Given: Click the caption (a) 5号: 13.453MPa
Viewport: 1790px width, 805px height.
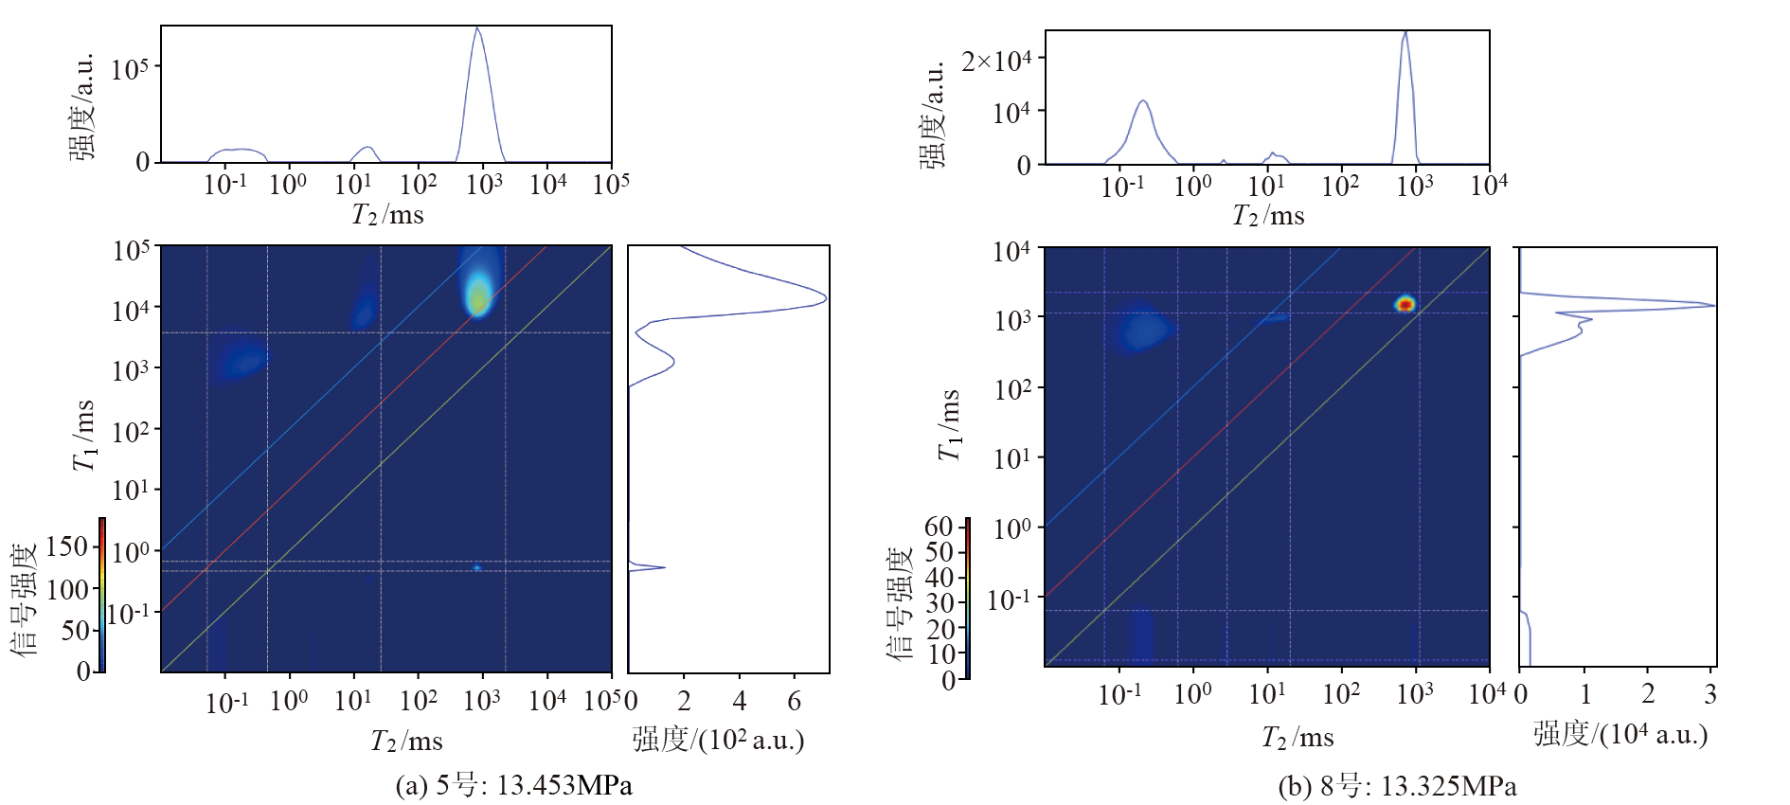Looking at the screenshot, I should pyautogui.click(x=513, y=785).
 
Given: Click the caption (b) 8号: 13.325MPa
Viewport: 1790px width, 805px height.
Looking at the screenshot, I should pyautogui.click(x=1397, y=786).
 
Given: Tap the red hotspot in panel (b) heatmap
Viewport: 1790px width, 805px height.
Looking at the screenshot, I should pyautogui.click(x=1405, y=304).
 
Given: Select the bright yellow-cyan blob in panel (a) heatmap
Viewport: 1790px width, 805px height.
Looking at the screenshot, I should pyautogui.click(x=479, y=295).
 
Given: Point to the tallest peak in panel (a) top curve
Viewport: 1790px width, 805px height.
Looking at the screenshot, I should pyautogui.click(x=477, y=29).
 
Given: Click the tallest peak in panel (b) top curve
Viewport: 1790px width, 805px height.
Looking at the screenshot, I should pyautogui.click(x=1405, y=33).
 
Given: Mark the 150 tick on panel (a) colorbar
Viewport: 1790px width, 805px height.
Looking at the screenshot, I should pyautogui.click(x=67, y=546).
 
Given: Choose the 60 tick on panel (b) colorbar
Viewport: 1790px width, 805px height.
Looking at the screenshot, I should pyautogui.click(x=939, y=527).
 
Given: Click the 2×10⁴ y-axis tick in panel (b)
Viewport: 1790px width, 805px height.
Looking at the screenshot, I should pyautogui.click(x=996, y=62).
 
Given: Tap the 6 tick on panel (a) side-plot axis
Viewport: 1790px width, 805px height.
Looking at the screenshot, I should pyautogui.click(x=795, y=701).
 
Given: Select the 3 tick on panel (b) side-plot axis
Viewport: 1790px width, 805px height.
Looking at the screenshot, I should pyautogui.click(x=1710, y=695).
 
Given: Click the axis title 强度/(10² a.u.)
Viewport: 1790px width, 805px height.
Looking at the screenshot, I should pyautogui.click(x=718, y=740).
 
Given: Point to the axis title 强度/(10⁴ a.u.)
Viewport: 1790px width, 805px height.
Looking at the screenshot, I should pyautogui.click(x=1620, y=734).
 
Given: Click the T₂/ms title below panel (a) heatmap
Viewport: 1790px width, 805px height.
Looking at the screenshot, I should pyautogui.click(x=406, y=741).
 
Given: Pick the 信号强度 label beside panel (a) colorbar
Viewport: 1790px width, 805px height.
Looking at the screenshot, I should pyautogui.click(x=24, y=599).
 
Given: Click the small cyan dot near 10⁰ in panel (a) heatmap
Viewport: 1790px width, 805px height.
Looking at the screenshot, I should pyautogui.click(x=476, y=568).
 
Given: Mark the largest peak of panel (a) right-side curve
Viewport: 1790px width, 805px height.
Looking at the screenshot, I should pyautogui.click(x=824, y=299).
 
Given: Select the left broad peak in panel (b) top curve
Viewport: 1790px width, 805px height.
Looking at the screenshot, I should pyautogui.click(x=1143, y=101).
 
